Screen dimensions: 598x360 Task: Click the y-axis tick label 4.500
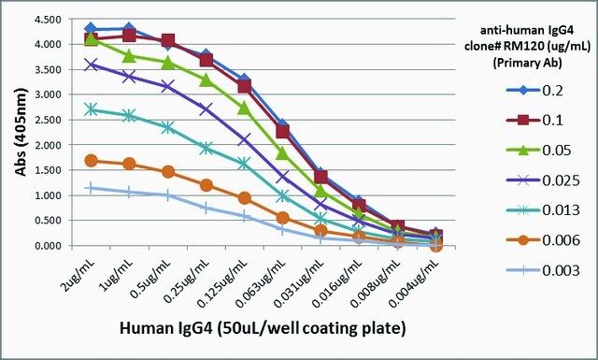pos(49,19)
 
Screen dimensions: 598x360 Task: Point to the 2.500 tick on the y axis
pos(49,120)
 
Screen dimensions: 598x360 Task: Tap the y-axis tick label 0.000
pos(49,246)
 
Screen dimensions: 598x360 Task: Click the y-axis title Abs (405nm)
pos(21,132)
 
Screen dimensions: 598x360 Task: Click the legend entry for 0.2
pos(534,91)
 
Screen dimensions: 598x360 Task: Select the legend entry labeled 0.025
pos(543,180)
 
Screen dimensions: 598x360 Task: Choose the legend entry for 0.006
pos(543,240)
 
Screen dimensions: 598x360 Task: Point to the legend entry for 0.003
pos(543,270)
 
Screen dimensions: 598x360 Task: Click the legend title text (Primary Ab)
pos(527,63)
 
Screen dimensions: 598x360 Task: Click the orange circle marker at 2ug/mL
pos(91,160)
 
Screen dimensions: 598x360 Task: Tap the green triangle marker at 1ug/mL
pos(129,56)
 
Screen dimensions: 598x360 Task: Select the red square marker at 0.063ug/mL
pos(282,132)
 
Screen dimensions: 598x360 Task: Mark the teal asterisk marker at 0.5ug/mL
pos(167,127)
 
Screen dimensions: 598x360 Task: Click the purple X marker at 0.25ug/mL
pos(206,108)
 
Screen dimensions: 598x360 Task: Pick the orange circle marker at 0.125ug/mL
pos(245,198)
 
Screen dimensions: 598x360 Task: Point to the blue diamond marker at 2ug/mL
pos(91,28)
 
